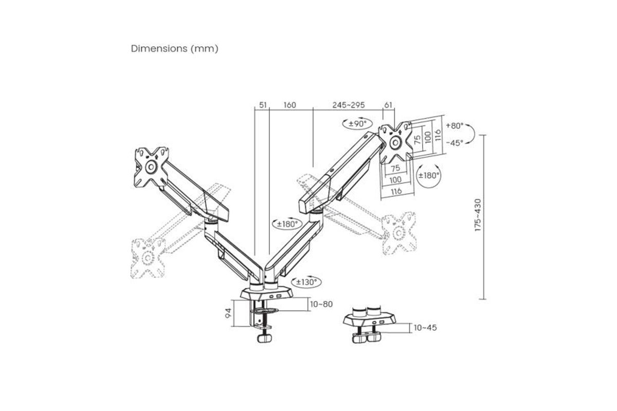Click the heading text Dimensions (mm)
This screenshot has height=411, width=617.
click(x=174, y=49)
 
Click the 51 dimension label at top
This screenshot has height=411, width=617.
click(x=263, y=105)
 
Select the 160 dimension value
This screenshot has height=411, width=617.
click(x=290, y=105)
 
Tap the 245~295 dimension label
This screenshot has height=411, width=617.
click(x=349, y=105)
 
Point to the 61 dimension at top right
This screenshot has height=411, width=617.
click(x=388, y=105)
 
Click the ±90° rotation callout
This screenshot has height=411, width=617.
click(x=357, y=124)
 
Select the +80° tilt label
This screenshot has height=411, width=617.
click(x=455, y=125)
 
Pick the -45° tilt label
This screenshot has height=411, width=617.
click(x=455, y=143)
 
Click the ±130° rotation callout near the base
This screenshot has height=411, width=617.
click(x=306, y=282)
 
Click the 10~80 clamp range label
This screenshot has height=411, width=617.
click(x=321, y=304)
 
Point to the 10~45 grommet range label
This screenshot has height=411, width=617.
click(x=425, y=328)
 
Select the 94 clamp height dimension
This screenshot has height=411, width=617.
click(x=228, y=313)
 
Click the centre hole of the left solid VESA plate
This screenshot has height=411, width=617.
click(x=151, y=166)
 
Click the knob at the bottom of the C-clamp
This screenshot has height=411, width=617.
click(x=264, y=338)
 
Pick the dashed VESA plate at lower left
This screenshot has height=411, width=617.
click(x=148, y=258)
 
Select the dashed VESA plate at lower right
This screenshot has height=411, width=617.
click(x=399, y=233)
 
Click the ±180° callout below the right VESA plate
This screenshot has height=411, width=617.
click(x=429, y=175)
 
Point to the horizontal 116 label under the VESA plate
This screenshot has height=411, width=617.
click(x=396, y=191)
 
